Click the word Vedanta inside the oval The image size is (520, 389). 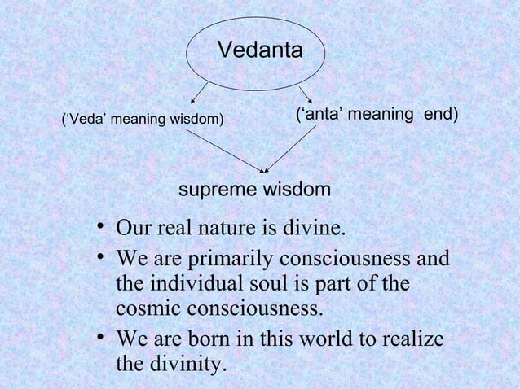pyautogui.click(x=260, y=50)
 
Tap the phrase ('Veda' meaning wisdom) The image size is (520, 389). pyautogui.click(x=143, y=120)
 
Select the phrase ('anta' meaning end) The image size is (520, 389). pyautogui.click(x=376, y=115)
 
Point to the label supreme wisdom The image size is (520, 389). pyautogui.click(x=254, y=190)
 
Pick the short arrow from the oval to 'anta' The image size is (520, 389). pyautogui.click(x=306, y=94)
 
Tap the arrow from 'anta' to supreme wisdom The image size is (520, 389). pyautogui.click(x=291, y=149)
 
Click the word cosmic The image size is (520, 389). pyautogui.click(x=152, y=311)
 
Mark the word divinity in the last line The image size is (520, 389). pyautogui.click(x=182, y=363)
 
